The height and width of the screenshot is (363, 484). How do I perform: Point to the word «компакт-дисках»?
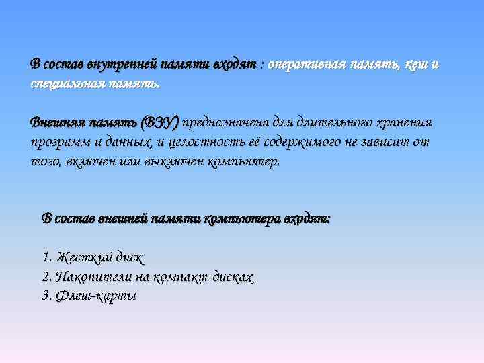point(204,277)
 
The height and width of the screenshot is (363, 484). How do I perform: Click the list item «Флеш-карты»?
point(96,296)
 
